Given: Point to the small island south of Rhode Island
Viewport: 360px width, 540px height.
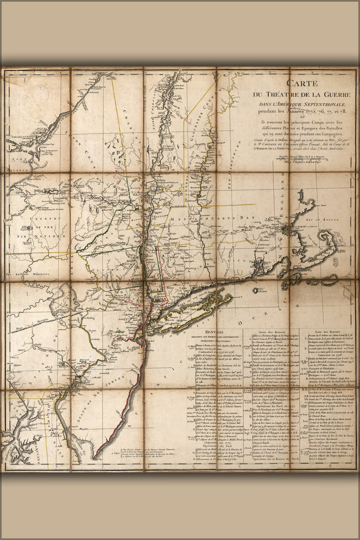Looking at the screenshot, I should pos(255,290).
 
